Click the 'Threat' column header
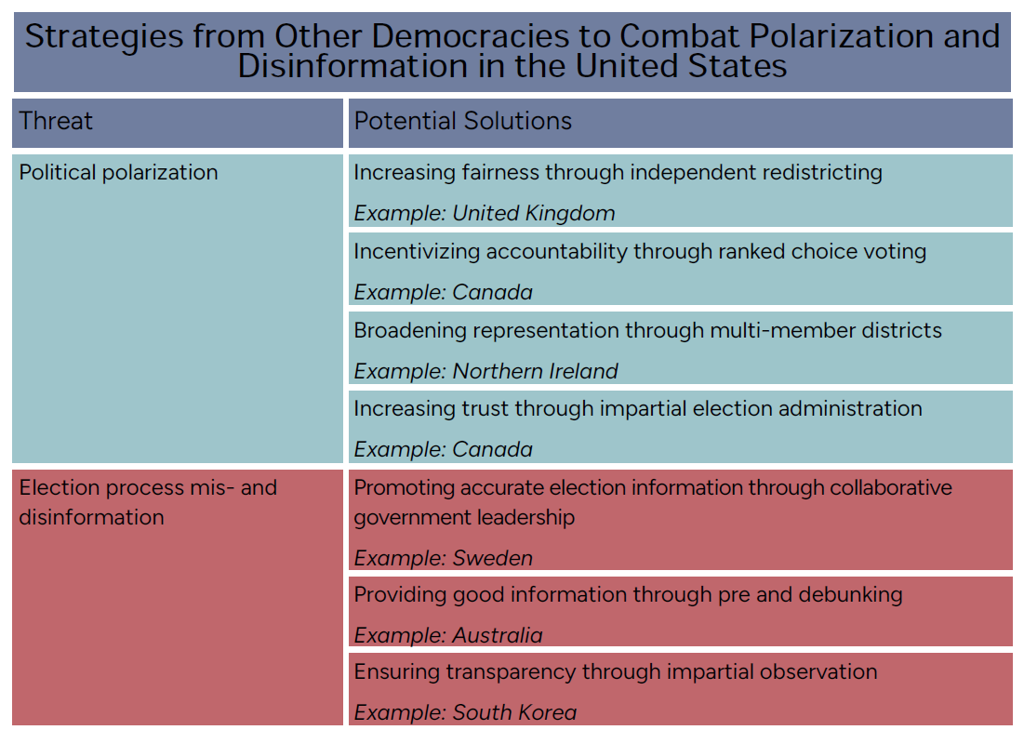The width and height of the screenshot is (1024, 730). tap(56, 122)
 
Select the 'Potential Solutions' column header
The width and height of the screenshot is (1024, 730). tap(462, 122)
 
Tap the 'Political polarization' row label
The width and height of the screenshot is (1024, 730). tap(118, 172)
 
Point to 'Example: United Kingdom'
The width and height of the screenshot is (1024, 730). tap(484, 214)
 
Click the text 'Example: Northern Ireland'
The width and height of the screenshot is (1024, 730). tap(485, 372)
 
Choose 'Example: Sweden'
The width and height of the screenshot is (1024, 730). tap(443, 558)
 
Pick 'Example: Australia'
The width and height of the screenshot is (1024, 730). tap(448, 635)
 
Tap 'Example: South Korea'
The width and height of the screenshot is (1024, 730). tap(465, 712)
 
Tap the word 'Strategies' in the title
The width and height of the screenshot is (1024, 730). tap(104, 37)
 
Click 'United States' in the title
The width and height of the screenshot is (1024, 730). tap(681, 66)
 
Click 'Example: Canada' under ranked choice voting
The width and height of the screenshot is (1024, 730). tap(443, 293)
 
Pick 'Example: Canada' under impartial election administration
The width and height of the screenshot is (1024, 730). tap(443, 450)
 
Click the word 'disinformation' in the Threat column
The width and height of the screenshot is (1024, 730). tap(91, 517)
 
